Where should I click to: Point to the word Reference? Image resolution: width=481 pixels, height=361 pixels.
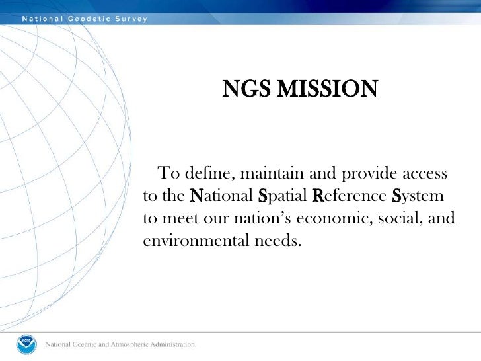point(348,196)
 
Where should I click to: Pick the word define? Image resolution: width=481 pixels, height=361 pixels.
point(207,175)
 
